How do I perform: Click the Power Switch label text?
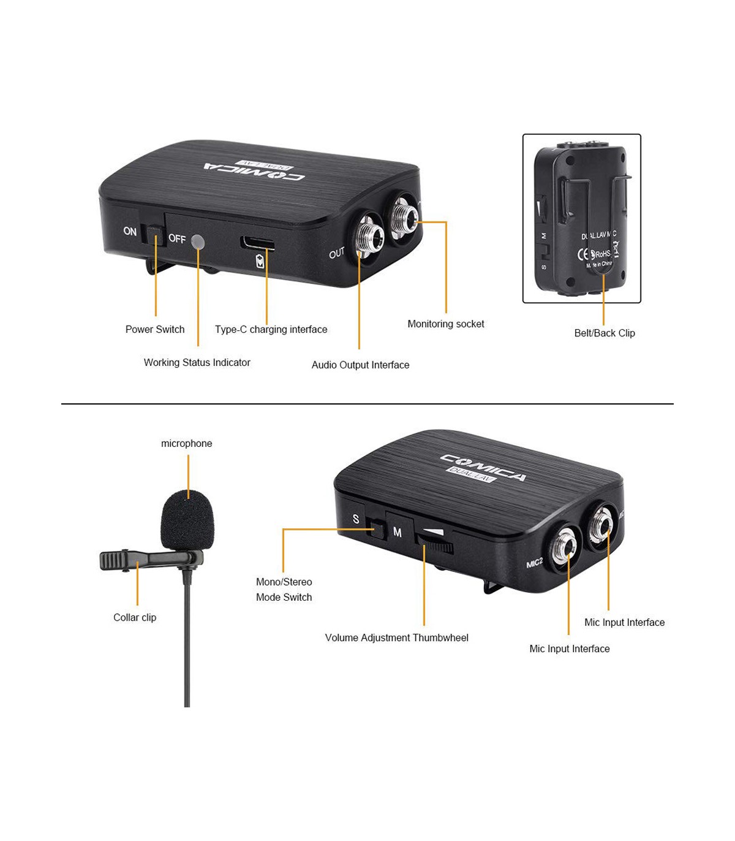pyautogui.click(x=155, y=329)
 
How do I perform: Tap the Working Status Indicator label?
pyautogui.click(x=197, y=362)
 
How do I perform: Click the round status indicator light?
pyautogui.click(x=197, y=242)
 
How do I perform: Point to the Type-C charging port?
pyautogui.click(x=257, y=242)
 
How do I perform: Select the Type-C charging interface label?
pyautogui.click(x=271, y=329)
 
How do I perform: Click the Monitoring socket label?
pyautogui.click(x=445, y=324)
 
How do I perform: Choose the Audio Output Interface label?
pyautogui.click(x=360, y=365)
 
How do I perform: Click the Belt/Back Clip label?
pyautogui.click(x=605, y=333)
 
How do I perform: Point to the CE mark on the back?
pyautogui.click(x=584, y=254)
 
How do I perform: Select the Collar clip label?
pyautogui.click(x=135, y=617)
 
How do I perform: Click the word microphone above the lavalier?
pyautogui.click(x=186, y=443)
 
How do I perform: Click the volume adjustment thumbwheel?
pyautogui.click(x=435, y=542)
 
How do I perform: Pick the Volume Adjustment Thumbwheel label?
pyautogui.click(x=396, y=637)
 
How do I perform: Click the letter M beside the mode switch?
pyautogui.click(x=398, y=533)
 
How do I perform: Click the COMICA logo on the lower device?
pyautogui.click(x=483, y=468)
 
